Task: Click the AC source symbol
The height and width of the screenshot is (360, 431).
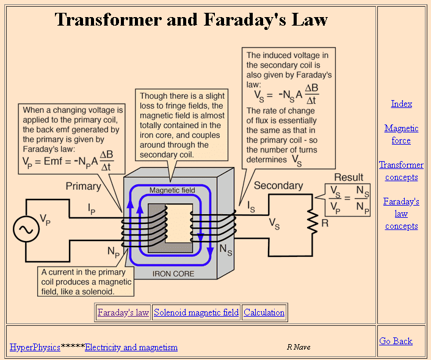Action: [26, 229]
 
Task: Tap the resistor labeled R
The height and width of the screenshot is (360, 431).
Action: [312, 223]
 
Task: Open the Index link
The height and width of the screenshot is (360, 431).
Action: [401, 104]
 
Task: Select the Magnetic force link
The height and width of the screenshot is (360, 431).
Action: [401, 134]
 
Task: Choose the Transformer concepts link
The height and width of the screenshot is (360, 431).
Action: [401, 171]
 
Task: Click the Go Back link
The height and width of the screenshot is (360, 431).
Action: [396, 341]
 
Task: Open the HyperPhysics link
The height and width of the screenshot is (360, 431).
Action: [35, 347]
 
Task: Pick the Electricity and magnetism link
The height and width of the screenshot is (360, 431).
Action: [131, 347]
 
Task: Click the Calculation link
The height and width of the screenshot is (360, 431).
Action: [264, 312]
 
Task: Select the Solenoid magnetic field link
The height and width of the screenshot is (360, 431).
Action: [196, 312]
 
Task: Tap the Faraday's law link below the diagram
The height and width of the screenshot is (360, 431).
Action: [123, 312]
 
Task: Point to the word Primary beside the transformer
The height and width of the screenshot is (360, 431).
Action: [84, 186]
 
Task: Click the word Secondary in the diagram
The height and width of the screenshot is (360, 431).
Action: [278, 185]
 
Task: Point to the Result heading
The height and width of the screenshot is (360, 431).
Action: [349, 177]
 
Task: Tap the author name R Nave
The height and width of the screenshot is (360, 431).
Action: [299, 347]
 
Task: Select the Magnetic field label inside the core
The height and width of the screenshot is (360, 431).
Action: [172, 190]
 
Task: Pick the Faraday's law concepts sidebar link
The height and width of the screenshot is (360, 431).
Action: [401, 214]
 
